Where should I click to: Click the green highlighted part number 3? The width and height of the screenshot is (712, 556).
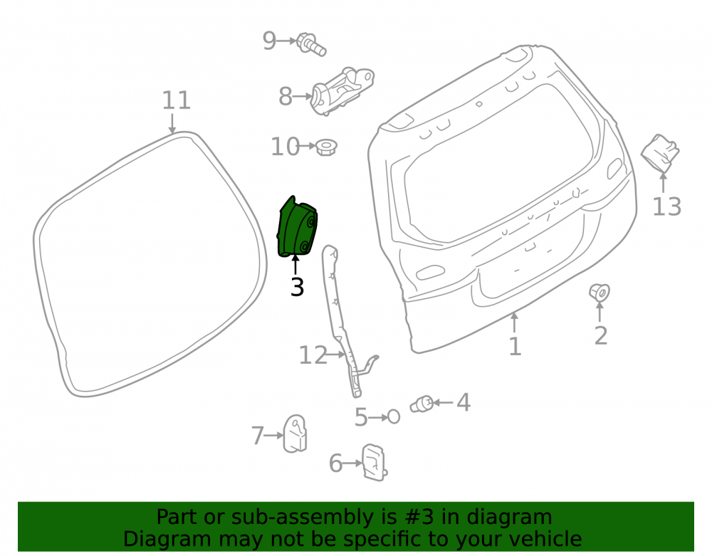click(x=298, y=227)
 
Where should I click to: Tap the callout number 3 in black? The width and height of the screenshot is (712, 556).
click(x=297, y=288)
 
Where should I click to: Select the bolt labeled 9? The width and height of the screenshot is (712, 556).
click(x=311, y=44)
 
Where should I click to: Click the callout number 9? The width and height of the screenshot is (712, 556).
click(x=269, y=41)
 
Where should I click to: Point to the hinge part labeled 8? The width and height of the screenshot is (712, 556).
click(x=342, y=91)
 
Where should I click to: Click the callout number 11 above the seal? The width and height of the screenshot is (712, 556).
click(x=177, y=100)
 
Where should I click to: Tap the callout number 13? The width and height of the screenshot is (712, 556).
click(x=666, y=207)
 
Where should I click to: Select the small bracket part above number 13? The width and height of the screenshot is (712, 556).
click(x=660, y=153)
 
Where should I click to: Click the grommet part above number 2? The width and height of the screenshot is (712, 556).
click(x=600, y=293)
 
